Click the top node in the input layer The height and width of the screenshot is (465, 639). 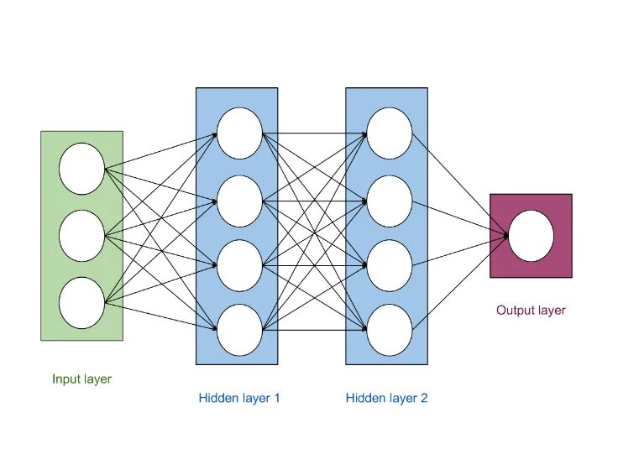[81, 168]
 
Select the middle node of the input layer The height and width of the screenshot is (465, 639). [81, 235]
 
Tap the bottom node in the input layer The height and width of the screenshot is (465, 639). [81, 301]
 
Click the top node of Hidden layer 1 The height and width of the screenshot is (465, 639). [239, 133]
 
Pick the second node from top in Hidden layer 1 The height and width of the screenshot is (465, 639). [239, 201]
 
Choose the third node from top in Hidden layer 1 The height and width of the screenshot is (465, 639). [239, 266]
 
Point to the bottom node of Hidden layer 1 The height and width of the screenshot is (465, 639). [239, 329]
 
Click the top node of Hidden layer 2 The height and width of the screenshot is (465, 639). [390, 133]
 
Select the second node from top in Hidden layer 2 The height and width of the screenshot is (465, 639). [390, 201]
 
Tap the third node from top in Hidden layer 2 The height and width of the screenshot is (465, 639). [390, 266]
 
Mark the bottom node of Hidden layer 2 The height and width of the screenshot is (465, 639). [390, 329]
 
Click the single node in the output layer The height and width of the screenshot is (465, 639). [531, 236]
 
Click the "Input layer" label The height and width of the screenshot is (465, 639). [81, 379]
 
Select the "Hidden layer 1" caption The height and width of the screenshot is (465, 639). [239, 398]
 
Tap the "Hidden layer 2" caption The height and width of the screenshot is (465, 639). [386, 398]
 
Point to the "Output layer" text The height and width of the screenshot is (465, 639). [531, 311]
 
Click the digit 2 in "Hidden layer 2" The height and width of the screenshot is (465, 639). [424, 398]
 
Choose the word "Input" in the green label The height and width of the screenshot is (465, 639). [65, 379]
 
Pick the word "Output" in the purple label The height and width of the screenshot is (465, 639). [515, 311]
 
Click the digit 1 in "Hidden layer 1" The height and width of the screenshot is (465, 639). [277, 398]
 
